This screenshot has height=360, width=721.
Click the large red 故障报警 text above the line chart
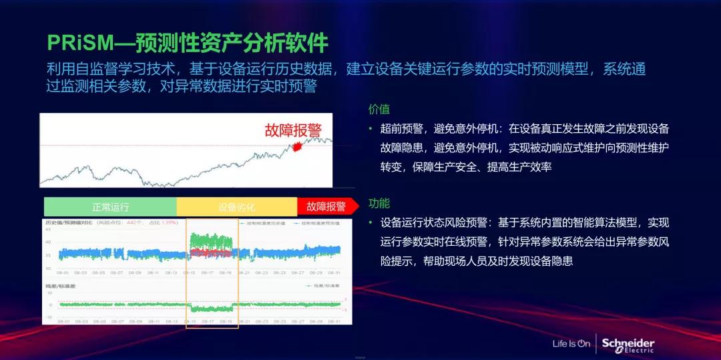[x=292, y=130]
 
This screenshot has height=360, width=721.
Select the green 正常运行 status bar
[x=110, y=206]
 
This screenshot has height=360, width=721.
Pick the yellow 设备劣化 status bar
[x=236, y=206]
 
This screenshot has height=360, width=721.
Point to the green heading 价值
[x=379, y=109]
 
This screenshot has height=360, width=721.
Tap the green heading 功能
[x=379, y=204]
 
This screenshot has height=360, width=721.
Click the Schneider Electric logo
[x=628, y=345]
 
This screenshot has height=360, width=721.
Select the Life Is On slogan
[x=571, y=345]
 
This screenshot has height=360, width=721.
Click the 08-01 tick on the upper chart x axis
[x=63, y=273]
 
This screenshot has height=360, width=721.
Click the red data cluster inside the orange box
[x=210, y=252]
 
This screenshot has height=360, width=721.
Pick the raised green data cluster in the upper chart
[x=210, y=240]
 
